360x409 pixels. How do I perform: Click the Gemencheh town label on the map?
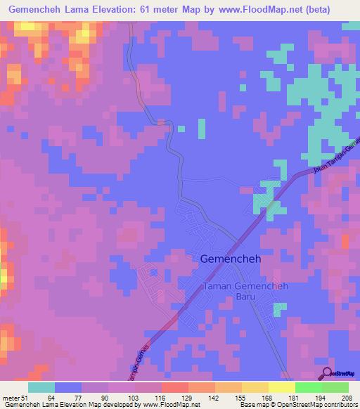click(226, 259)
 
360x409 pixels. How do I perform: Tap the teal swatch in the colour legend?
click(41, 387)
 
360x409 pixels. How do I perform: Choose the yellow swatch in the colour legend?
click(281, 387)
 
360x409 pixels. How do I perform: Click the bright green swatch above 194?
click(308, 387)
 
